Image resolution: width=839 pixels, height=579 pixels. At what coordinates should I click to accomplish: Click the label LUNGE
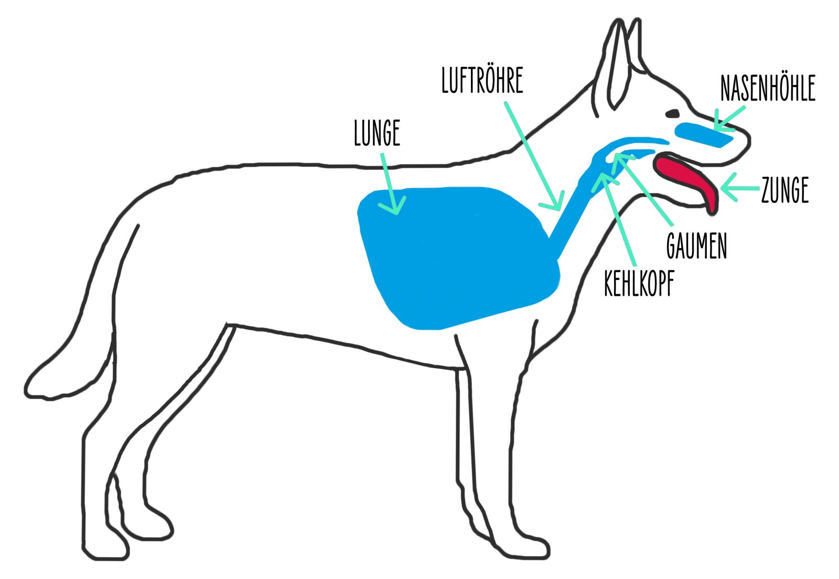(x=377, y=133)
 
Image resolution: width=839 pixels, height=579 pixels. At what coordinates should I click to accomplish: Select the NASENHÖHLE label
(x=767, y=89)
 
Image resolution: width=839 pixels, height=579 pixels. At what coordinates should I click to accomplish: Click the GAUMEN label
(x=696, y=245)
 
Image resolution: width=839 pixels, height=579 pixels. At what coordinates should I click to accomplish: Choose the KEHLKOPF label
(x=638, y=283)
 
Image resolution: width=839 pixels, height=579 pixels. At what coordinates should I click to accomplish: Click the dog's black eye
(x=672, y=113)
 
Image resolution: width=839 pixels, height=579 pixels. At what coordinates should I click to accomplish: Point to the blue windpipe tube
(x=569, y=220)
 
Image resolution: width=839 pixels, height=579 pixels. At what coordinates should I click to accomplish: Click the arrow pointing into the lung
(x=391, y=184)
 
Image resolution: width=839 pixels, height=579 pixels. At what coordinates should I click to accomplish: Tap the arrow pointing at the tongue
(x=739, y=188)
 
